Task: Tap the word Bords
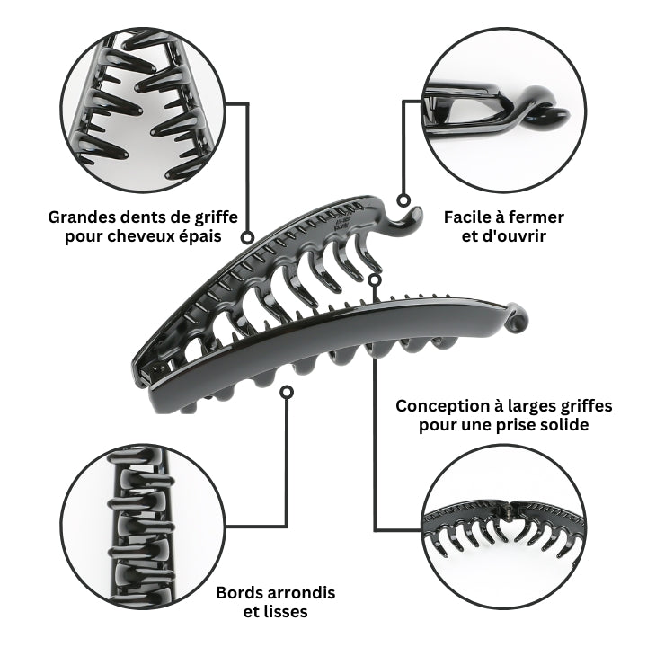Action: pos(237,593)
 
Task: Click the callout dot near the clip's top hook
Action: pos(403,200)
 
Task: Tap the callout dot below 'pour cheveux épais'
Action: pos(247,237)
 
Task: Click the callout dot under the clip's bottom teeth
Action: pos(287,392)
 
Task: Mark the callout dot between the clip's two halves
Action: pos(374,280)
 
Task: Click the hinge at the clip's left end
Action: pos(146,372)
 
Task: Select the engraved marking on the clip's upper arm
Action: pos(342,223)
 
